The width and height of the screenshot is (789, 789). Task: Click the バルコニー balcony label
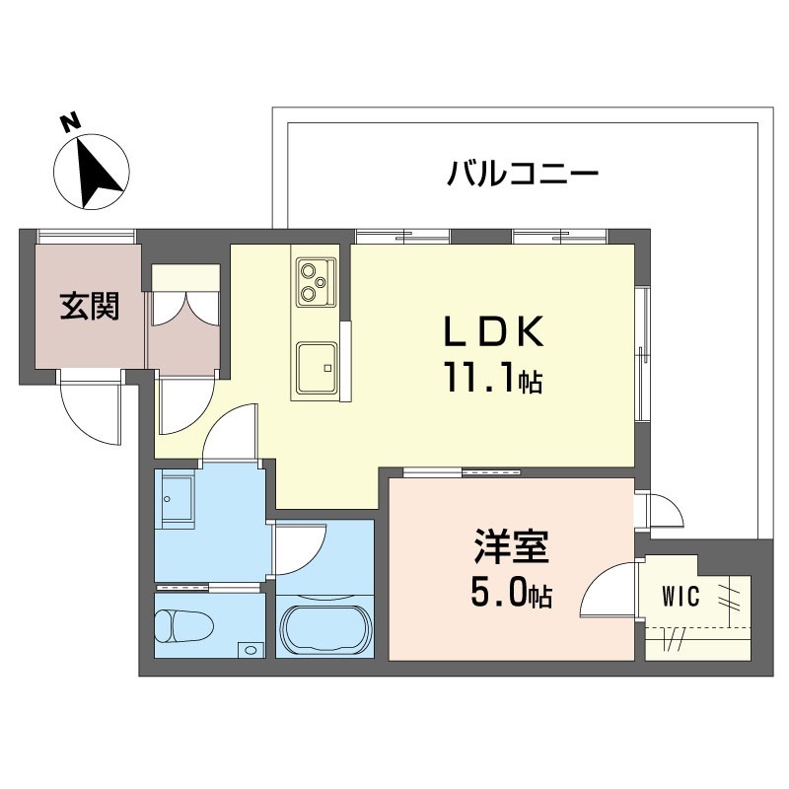(523, 177)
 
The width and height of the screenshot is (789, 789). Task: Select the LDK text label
(492, 333)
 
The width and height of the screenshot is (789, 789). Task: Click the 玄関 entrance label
(90, 307)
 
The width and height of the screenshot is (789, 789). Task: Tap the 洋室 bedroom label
(510, 548)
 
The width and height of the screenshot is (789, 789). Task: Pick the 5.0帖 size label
(510, 595)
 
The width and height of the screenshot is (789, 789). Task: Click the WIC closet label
(681, 596)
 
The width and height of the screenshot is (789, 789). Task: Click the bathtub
(324, 626)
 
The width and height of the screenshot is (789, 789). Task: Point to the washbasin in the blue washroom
(179, 499)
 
